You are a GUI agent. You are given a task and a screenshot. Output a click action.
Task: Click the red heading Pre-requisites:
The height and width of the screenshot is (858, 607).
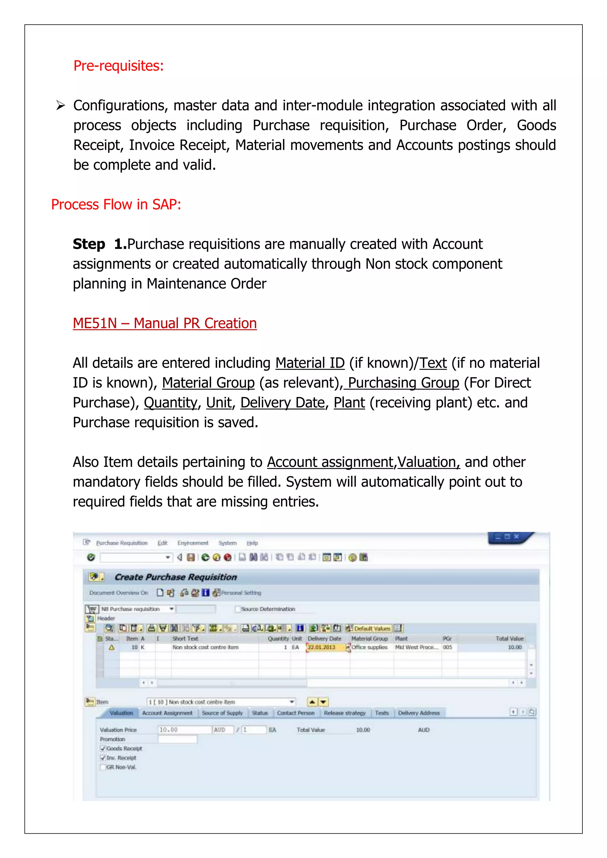click(x=119, y=66)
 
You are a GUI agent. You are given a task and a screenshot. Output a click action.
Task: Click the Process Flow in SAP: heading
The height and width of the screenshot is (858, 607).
click(x=116, y=204)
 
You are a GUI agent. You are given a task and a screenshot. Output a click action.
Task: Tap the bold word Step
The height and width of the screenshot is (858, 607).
click(x=89, y=244)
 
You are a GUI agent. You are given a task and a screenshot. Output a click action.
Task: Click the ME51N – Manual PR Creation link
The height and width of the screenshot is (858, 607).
click(x=164, y=323)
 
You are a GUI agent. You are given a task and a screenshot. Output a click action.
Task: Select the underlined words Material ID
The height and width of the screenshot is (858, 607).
click(x=310, y=363)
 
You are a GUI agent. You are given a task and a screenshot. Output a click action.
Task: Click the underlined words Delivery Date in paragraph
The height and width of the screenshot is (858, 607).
click(x=282, y=402)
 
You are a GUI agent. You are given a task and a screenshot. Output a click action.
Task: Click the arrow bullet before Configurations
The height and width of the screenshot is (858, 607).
click(x=60, y=106)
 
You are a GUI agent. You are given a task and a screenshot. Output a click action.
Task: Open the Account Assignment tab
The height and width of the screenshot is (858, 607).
click(x=167, y=713)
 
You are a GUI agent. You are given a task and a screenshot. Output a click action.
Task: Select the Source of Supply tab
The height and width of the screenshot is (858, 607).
click(x=222, y=713)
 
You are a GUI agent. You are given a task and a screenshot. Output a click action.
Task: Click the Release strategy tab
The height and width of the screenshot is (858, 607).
click(x=344, y=713)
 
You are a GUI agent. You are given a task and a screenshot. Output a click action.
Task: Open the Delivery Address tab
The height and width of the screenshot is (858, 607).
click(x=418, y=713)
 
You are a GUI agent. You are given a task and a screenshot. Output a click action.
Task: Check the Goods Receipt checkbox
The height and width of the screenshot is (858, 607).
click(x=103, y=748)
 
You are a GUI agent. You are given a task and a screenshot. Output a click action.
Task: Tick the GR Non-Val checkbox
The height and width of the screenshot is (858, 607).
click(x=103, y=767)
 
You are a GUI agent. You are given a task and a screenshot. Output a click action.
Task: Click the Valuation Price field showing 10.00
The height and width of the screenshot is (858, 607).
click(x=184, y=730)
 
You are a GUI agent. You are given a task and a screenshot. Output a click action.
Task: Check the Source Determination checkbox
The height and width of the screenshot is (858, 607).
click(x=237, y=609)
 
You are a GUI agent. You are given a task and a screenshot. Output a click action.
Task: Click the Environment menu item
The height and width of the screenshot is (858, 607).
click(x=192, y=543)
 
